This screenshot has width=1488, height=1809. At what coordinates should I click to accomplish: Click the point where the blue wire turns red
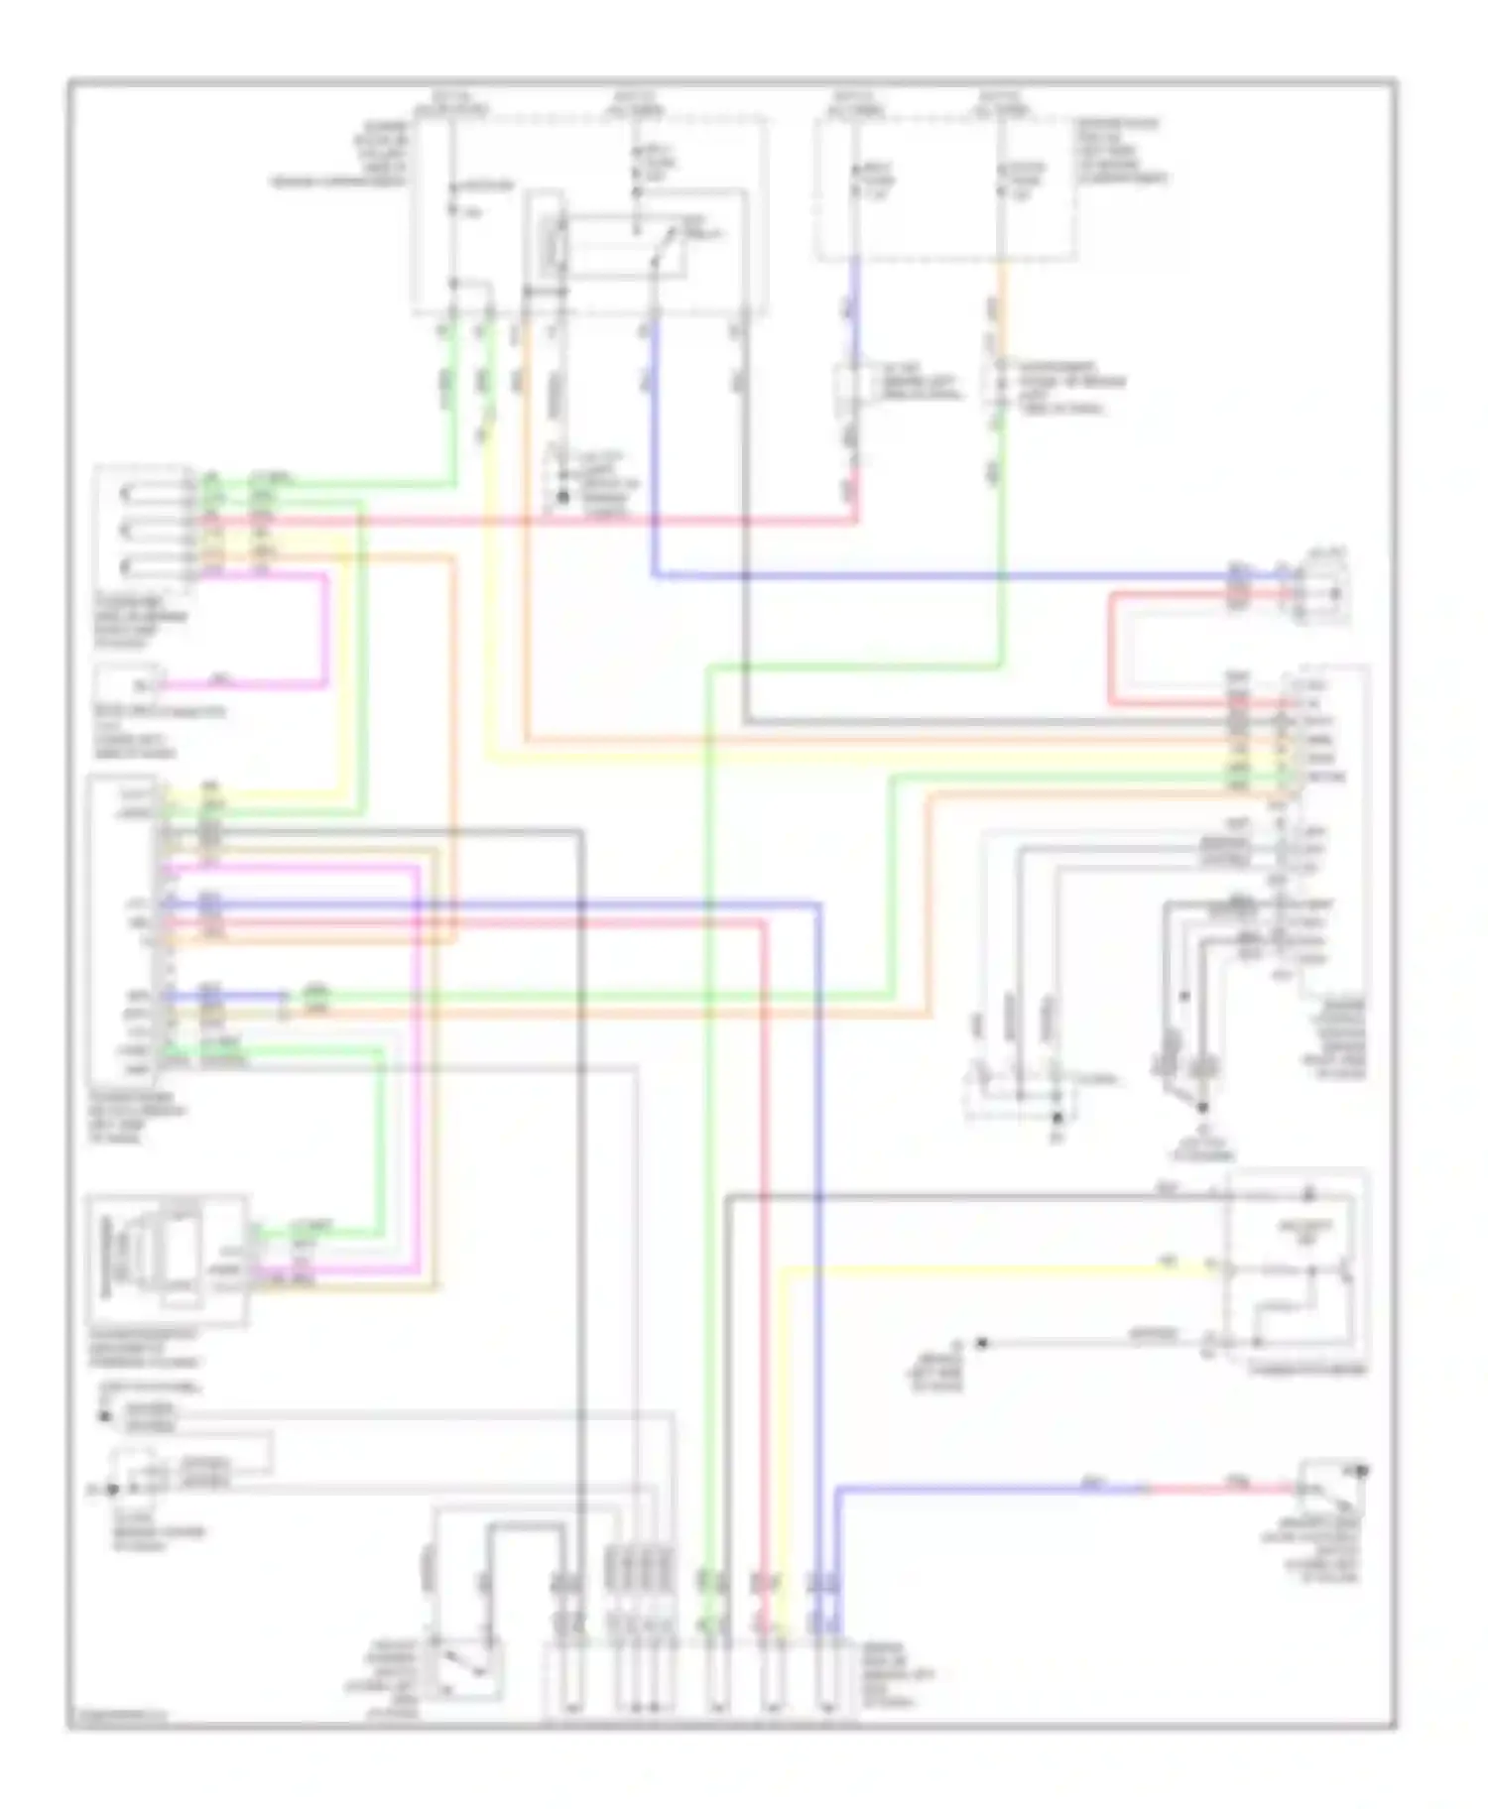pyautogui.click(x=1147, y=1489)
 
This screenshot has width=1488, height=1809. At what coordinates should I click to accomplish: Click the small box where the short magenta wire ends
pyautogui.click(x=130, y=683)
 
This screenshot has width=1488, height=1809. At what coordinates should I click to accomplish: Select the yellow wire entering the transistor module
pyautogui.click(x=992, y=1267)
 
